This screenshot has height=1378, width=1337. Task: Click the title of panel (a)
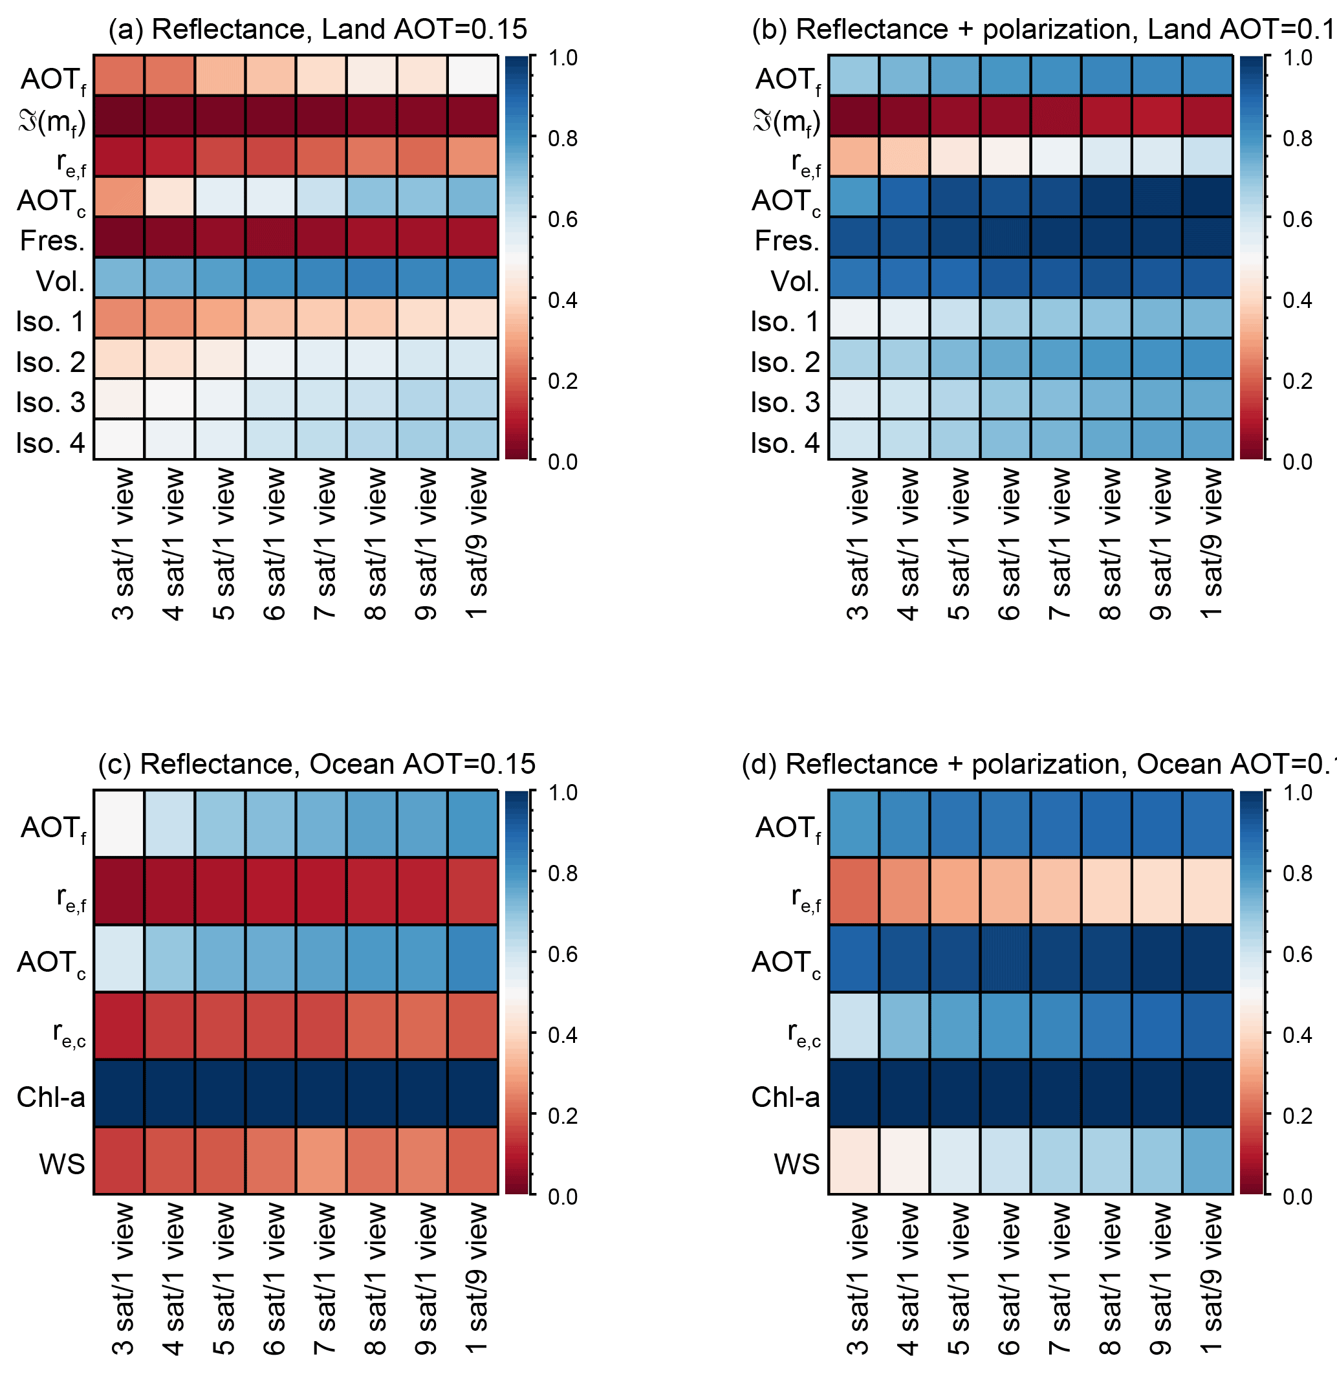317,30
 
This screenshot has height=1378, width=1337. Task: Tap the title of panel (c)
317,764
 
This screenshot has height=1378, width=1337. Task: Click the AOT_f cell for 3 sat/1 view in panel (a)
119,75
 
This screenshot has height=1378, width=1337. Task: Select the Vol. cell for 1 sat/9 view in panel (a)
472,278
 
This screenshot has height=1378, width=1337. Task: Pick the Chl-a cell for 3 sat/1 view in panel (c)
119,1093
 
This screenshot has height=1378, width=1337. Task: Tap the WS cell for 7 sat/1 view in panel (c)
321,1161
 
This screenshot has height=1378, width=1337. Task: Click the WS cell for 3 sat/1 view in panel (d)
853,1161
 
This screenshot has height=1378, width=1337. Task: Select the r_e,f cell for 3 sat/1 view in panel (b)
853,156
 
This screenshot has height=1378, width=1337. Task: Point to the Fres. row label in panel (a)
53,241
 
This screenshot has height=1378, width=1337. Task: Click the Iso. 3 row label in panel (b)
785,403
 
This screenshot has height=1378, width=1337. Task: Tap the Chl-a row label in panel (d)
785,1097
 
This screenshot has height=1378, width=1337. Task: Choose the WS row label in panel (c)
62,1165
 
